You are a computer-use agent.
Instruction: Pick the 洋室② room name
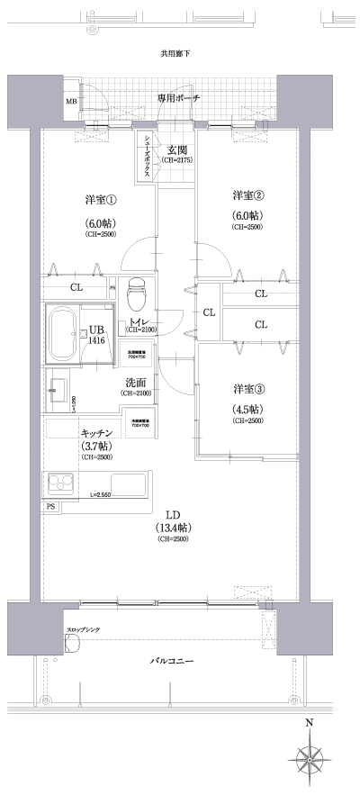point(247,196)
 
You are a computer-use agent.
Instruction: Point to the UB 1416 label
point(94,336)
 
